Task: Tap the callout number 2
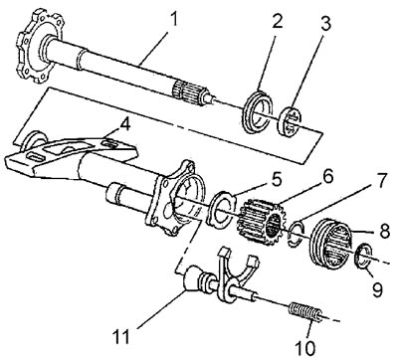276,21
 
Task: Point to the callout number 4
124,125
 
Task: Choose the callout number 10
304,347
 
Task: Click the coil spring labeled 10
305,311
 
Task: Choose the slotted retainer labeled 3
290,121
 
